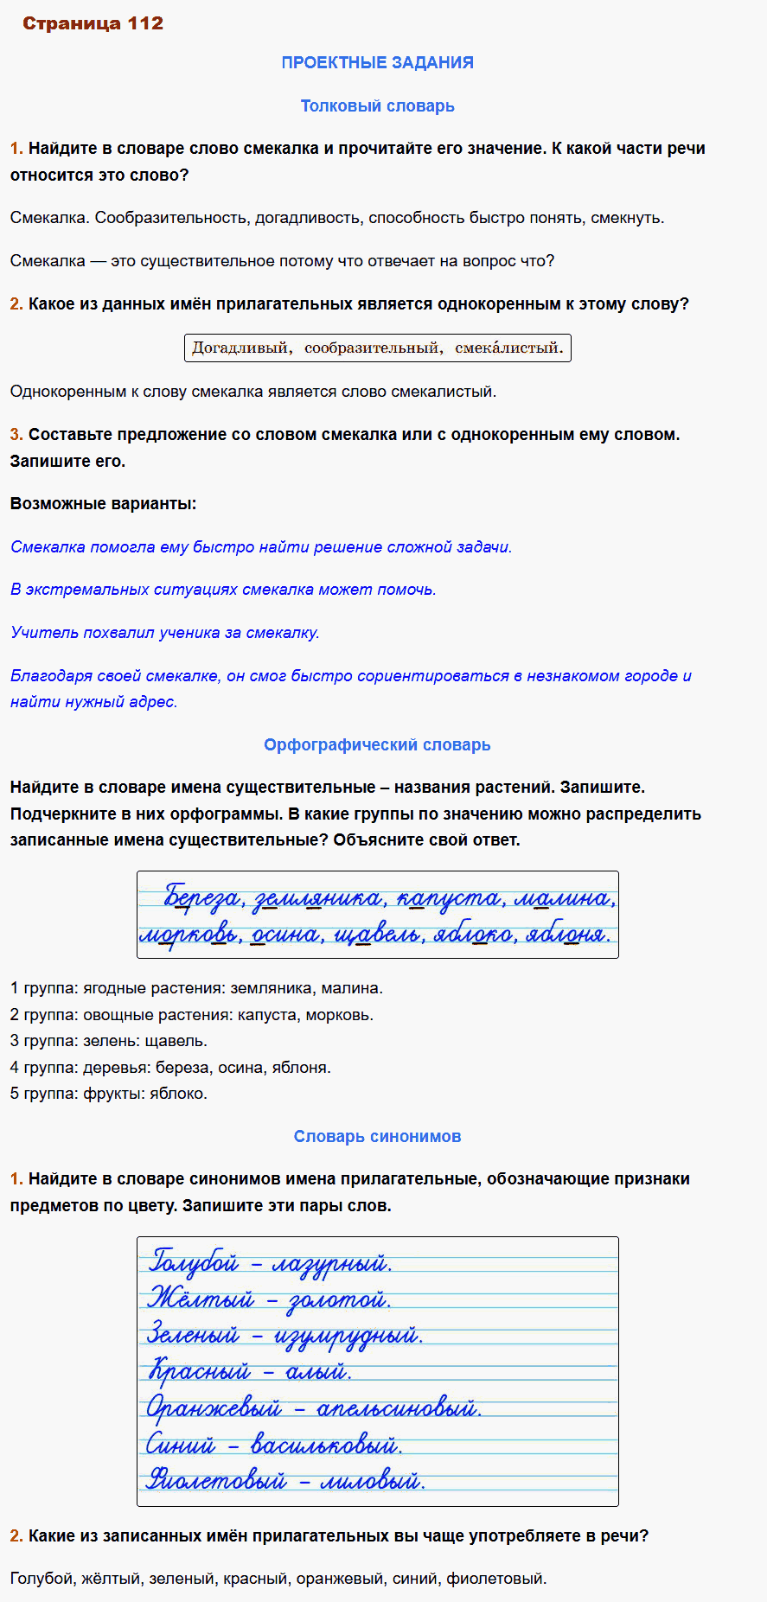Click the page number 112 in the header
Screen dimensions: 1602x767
[144, 23]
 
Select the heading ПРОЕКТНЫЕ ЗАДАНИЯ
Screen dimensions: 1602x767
[377, 62]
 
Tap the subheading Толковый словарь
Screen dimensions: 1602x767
[377, 105]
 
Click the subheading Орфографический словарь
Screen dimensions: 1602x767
[377, 744]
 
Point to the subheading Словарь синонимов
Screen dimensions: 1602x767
[377, 1136]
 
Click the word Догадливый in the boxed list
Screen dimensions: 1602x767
[240, 348]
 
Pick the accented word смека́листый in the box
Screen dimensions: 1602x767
[508, 348]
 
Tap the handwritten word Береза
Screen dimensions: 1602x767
[202, 899]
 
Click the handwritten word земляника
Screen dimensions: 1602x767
[318, 899]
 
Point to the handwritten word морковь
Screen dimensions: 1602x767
[190, 935]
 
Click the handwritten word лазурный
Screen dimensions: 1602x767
[332, 1264]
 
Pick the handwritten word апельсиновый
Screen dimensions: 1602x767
[398, 1409]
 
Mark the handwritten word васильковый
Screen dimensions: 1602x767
[326, 1445]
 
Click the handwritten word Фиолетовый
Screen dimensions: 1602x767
[216, 1481]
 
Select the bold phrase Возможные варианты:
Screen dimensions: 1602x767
[103, 503]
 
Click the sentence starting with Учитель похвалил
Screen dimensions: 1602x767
[164, 633]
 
